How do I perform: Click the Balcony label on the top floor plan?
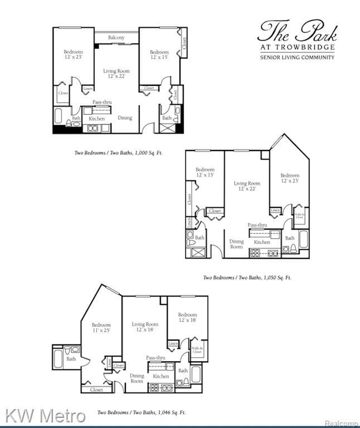116,37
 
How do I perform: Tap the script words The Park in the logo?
296,32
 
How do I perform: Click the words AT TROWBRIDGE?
297,47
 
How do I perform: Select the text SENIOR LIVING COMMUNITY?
297,57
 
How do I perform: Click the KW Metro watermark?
46,415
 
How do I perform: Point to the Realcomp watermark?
342,423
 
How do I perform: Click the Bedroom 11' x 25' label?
101,328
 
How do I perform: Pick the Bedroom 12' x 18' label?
187,318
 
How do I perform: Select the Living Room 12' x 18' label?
145,327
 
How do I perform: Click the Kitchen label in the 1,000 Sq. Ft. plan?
96,119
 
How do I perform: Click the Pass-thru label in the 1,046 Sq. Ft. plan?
155,357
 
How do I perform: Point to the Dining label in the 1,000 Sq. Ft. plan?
125,118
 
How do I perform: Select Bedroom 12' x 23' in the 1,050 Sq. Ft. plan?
290,178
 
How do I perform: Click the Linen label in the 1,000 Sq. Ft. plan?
87,89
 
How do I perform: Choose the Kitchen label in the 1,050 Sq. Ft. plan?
262,242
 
